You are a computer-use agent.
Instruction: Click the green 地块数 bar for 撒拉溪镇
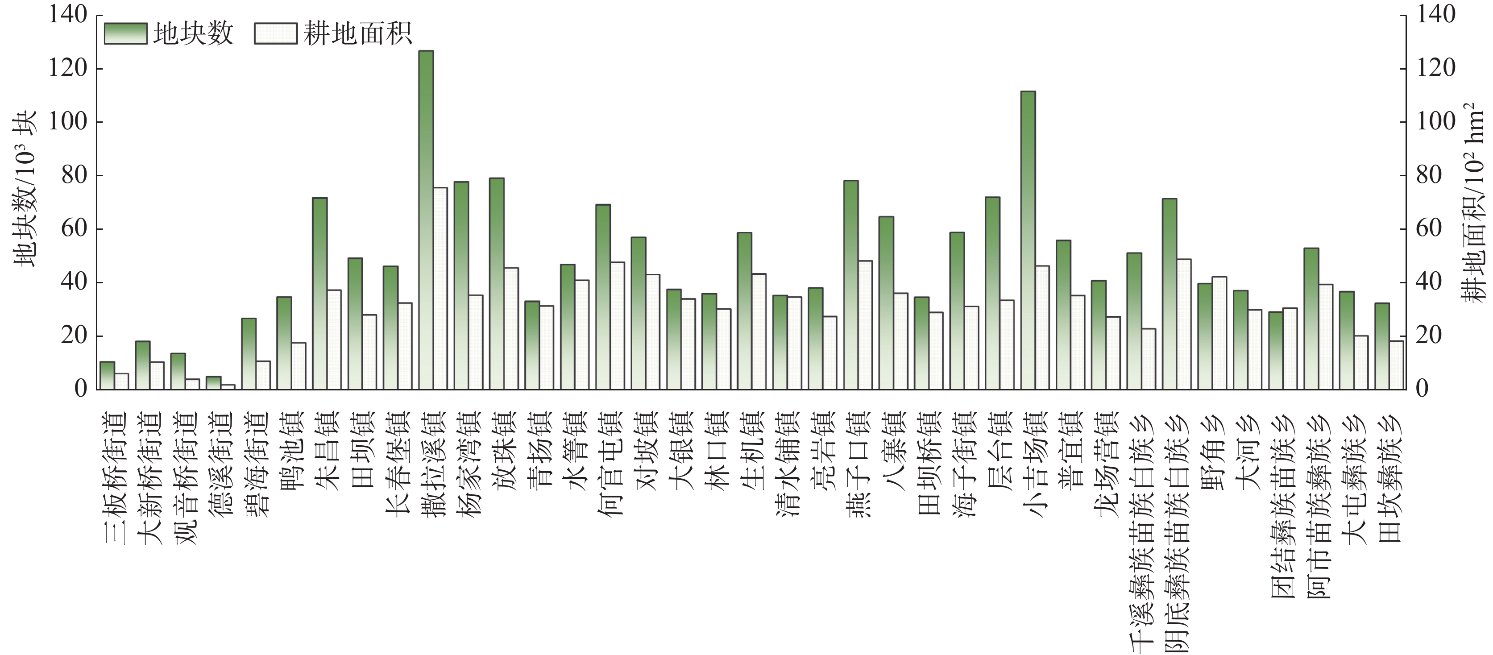[x=426, y=220]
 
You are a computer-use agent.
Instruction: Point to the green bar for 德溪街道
[x=213, y=383]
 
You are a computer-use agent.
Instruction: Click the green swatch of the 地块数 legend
[x=125, y=33]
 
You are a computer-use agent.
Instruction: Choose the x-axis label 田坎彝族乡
[x=1389, y=478]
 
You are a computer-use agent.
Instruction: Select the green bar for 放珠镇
[x=497, y=284]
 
